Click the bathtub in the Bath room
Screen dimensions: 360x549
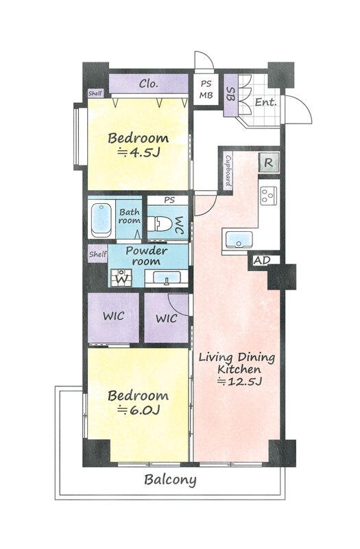click(x=101, y=220)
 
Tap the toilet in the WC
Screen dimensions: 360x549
click(x=160, y=224)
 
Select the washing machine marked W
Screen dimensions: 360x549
click(x=121, y=278)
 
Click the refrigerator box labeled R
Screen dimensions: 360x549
click(x=268, y=162)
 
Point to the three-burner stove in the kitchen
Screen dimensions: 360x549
click(x=269, y=195)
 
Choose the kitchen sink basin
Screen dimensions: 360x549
click(x=239, y=240)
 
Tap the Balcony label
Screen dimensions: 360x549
click(x=170, y=480)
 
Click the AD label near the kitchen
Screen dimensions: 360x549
click(x=262, y=261)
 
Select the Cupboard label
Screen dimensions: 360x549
click(x=228, y=171)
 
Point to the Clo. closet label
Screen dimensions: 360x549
click(x=149, y=83)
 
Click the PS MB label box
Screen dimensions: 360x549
click(x=206, y=89)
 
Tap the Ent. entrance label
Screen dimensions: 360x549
click(x=266, y=102)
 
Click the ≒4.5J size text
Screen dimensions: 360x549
click(x=139, y=152)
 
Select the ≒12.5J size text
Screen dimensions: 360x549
click(x=240, y=381)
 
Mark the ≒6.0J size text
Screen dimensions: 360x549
click(x=139, y=410)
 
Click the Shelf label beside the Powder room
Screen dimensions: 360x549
click(x=97, y=254)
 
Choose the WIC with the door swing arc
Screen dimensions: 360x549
click(x=167, y=318)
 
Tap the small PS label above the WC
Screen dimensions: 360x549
click(x=169, y=200)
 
